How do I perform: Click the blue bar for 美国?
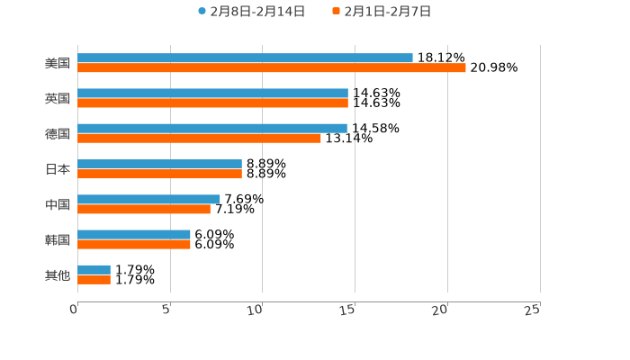tap(245, 58)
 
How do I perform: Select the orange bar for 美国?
tap(272, 67)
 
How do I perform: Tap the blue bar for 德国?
tap(212, 129)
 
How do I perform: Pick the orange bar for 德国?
tap(199, 138)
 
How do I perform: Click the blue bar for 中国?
tap(148, 199)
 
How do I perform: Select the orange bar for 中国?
tap(144, 209)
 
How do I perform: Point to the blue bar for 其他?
tap(94, 269)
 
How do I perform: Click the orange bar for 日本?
tap(159, 174)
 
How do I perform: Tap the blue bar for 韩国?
tap(134, 234)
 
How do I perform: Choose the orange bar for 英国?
tap(212, 103)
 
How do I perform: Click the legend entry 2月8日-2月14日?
tap(251, 12)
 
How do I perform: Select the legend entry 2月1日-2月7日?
tap(382, 12)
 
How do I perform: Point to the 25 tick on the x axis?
tap(532, 310)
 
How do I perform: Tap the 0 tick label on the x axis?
tap(75, 310)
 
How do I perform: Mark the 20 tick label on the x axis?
tap(440, 310)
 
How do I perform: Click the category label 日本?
tap(58, 169)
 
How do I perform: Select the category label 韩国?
tap(58, 239)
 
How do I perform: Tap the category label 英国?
tap(58, 98)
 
